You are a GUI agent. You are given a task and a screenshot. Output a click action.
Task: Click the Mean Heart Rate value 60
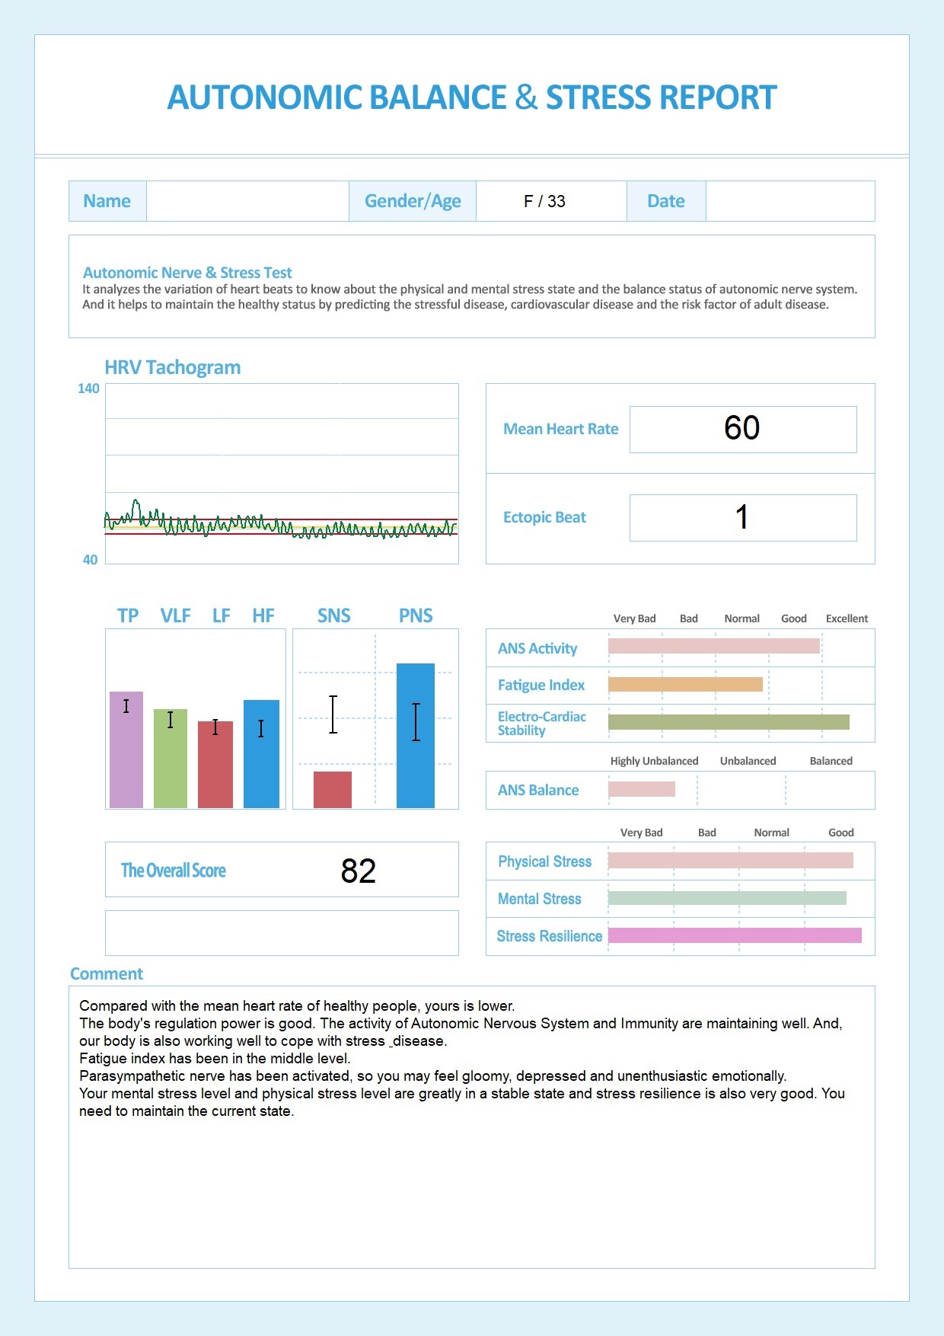coord(741,428)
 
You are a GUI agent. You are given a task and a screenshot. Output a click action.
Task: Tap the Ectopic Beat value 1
coord(741,517)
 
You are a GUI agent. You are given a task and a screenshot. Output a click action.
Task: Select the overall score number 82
coord(358,871)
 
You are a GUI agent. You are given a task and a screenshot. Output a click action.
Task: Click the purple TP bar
coord(126,750)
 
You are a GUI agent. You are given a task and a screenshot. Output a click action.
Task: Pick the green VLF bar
coord(171,759)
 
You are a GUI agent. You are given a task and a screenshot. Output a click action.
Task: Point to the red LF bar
coord(215,765)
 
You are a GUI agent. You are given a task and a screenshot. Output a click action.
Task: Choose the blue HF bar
coord(261,754)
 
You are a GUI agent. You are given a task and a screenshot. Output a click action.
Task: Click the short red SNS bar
coord(333,790)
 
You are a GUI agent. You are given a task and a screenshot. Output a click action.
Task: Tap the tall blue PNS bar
coord(416,736)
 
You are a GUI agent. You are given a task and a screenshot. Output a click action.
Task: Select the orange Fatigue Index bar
coord(685,685)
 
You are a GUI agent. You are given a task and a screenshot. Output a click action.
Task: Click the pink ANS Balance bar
coord(642,789)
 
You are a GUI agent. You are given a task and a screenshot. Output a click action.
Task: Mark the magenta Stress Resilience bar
coord(735,935)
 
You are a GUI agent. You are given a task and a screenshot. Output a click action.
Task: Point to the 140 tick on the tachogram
coord(88,388)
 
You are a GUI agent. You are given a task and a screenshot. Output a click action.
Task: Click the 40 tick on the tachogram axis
coord(90,560)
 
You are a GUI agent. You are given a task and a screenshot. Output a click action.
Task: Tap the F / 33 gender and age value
coord(544,201)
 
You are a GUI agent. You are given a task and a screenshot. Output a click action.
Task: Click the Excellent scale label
coord(847,618)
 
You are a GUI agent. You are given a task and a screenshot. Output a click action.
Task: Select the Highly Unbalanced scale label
coord(654,761)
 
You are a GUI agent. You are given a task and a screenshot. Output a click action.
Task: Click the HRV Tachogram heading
coord(173,367)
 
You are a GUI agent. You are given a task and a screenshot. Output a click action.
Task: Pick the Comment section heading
coord(107,974)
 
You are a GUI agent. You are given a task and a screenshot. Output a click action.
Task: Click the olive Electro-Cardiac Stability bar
coord(729,722)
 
